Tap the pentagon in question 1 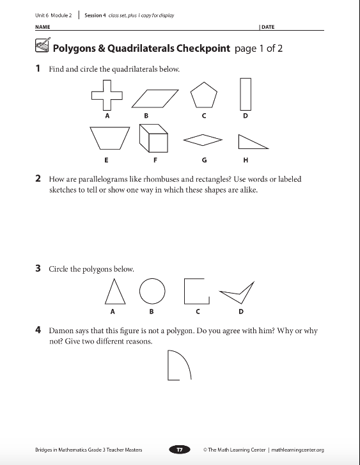point(204,95)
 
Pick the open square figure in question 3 point(184,291)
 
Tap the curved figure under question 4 point(168,365)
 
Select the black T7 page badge point(180,450)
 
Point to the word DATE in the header point(268,27)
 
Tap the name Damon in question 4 point(61,331)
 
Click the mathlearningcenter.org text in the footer point(297,450)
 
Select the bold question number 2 point(38,178)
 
